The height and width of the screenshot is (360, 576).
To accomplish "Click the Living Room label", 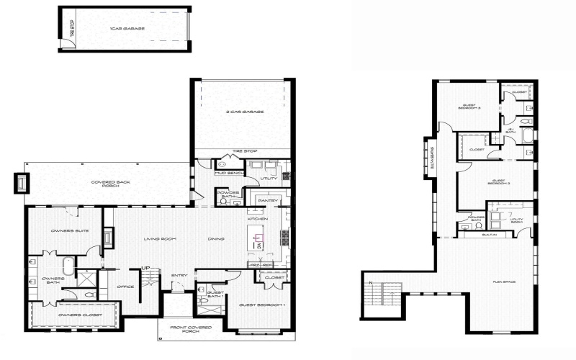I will click(161, 239).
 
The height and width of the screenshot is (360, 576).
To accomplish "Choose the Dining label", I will click(216, 239).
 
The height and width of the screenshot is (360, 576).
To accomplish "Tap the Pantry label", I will click(268, 201).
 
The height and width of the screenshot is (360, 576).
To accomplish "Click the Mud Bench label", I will click(229, 174).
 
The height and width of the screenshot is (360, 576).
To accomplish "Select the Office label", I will click(125, 287).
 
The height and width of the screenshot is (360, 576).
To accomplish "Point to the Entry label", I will click(179, 275).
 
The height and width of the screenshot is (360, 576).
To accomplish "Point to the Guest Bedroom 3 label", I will click(470, 107).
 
